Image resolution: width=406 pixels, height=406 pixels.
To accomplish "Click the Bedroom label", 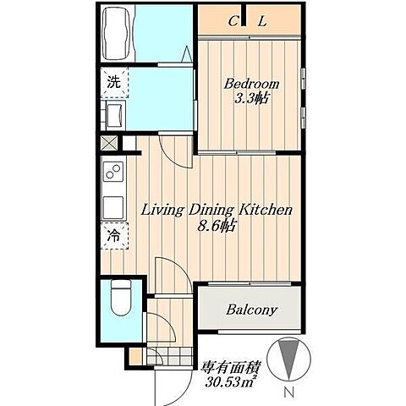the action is click(x=251, y=84).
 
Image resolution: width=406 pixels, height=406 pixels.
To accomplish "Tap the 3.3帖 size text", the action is click(x=251, y=98).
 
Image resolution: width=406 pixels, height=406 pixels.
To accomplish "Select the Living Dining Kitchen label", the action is click(x=217, y=211).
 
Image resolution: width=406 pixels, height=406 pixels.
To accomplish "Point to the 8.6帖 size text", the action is click(x=217, y=226).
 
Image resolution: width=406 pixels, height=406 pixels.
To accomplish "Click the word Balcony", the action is click(x=252, y=310).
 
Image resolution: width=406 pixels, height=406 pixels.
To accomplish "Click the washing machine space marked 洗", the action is click(x=114, y=82).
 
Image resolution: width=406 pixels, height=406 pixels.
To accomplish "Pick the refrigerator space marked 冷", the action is click(x=114, y=236).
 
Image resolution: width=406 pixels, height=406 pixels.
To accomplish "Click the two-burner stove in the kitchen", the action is click(x=113, y=172).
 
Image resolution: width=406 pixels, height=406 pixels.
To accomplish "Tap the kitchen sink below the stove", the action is click(x=113, y=207).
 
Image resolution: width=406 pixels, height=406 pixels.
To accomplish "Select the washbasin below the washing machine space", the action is click(x=116, y=115).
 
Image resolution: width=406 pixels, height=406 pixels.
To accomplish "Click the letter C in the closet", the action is click(x=233, y=21).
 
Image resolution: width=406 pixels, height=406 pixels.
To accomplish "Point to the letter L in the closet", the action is click(x=262, y=21).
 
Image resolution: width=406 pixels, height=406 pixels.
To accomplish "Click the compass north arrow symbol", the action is click(x=288, y=359).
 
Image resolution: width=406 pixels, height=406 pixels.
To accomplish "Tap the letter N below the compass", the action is click(x=288, y=392).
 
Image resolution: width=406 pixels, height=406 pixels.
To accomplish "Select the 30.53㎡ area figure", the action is click(x=229, y=381).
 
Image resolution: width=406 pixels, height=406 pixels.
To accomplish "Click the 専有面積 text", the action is click(x=229, y=367).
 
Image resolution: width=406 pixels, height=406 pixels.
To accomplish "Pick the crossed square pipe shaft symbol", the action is click(x=109, y=143).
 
